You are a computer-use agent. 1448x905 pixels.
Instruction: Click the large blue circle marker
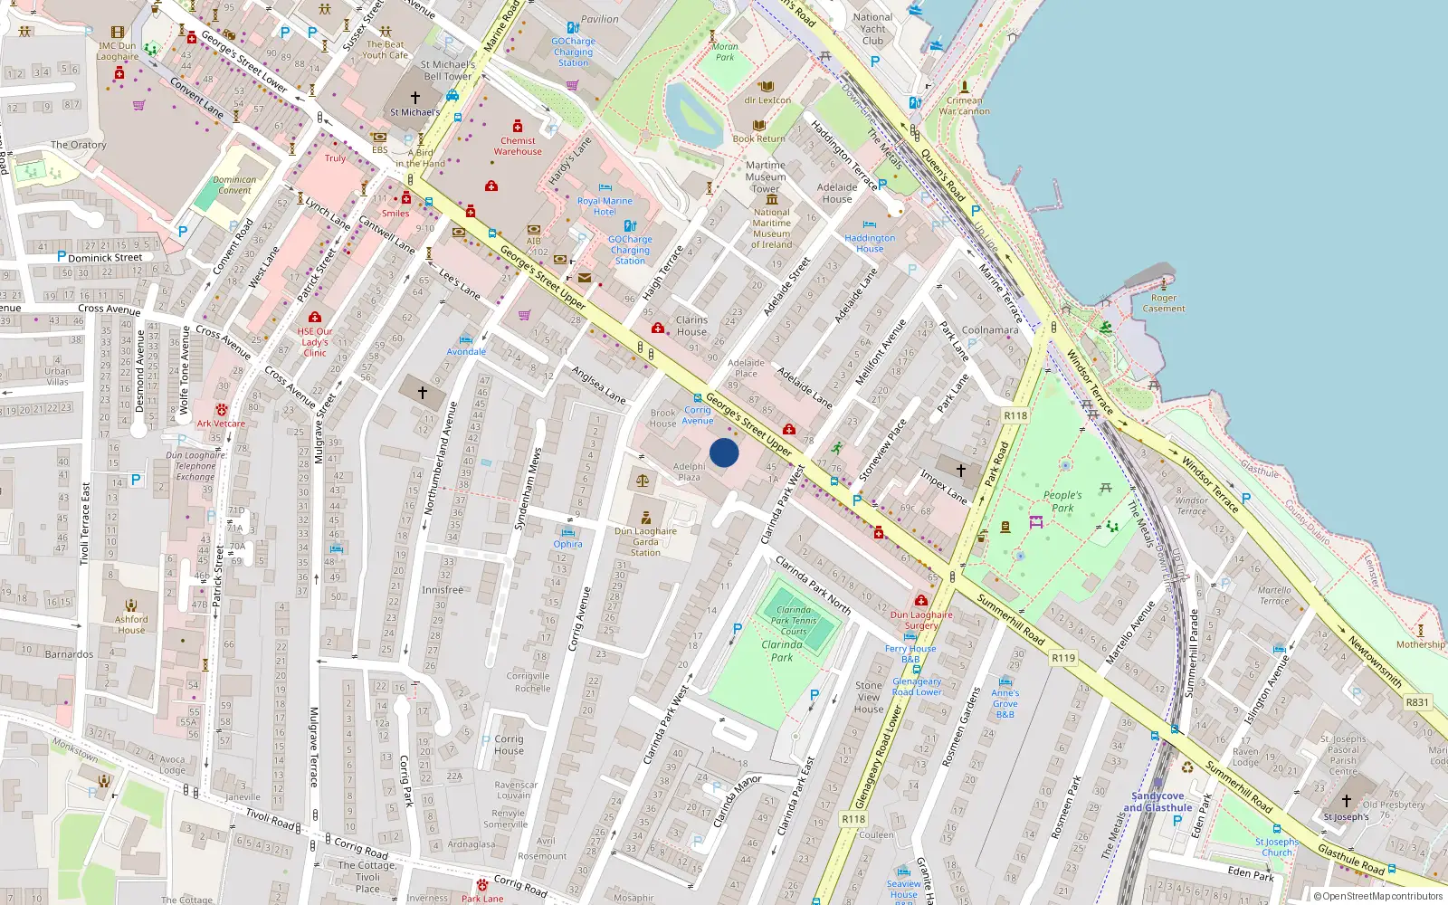[x=724, y=452]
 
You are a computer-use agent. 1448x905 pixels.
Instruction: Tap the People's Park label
[x=1062, y=501]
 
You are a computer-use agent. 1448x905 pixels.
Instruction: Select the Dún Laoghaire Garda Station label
[x=645, y=541]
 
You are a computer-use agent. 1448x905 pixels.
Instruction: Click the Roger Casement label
[x=1164, y=303]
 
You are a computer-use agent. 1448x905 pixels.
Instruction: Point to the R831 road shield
[x=1417, y=702]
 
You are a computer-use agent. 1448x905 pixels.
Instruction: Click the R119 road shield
[x=1063, y=658]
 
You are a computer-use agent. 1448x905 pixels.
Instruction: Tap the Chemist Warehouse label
[x=518, y=146]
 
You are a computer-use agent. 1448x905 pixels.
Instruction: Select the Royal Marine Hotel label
[x=605, y=206]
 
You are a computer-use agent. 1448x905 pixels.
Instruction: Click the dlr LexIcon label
[x=767, y=100]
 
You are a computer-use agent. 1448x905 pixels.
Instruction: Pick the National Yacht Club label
[x=872, y=29]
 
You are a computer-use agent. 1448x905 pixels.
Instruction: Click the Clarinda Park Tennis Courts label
[x=794, y=621]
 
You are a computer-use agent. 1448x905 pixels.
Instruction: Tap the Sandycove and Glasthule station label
[x=1157, y=802]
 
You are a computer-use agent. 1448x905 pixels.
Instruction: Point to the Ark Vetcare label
[x=221, y=424]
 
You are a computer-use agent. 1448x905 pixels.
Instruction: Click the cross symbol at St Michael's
[x=415, y=97]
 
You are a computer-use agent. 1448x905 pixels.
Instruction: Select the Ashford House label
[x=131, y=624]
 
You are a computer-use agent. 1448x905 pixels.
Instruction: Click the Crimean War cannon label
[x=964, y=106]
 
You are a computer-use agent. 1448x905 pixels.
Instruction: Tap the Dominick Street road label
[x=105, y=258]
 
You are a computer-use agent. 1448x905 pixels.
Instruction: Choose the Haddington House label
[x=870, y=243]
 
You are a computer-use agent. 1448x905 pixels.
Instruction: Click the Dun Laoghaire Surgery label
[x=921, y=620]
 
